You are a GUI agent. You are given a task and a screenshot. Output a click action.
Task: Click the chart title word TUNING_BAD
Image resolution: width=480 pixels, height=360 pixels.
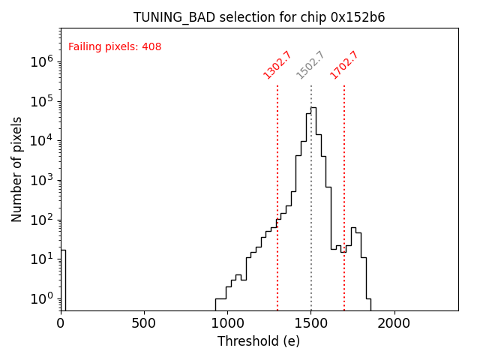168,17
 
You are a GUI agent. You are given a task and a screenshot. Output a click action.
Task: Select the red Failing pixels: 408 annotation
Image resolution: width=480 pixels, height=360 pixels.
115,47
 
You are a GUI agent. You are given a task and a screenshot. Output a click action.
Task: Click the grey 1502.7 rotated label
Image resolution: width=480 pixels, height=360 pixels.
310,64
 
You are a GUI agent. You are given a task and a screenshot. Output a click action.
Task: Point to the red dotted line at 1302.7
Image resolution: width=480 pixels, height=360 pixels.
277,187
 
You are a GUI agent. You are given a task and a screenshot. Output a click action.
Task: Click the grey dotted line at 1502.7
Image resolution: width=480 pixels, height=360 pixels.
311,187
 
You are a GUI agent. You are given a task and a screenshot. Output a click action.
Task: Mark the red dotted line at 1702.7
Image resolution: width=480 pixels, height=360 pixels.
344,187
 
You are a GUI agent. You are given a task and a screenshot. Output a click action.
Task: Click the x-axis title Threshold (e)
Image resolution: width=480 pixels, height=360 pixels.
259,341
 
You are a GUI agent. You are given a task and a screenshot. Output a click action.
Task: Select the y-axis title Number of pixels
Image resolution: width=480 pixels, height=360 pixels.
17,169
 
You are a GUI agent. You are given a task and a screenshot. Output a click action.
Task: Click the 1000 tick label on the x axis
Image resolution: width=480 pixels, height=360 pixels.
227,323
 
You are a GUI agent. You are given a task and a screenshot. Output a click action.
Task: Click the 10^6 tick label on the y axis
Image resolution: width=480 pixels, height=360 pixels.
41,61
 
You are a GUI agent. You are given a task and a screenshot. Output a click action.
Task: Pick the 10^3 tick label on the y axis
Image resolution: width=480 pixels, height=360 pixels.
41,180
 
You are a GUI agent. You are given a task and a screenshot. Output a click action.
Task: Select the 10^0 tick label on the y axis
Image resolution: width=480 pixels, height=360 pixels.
41,298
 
